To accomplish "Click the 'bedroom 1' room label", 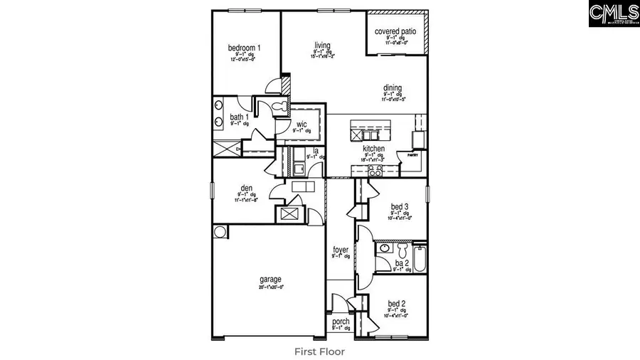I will click(244, 48).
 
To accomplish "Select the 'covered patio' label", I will click(397, 32).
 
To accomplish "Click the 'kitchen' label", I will click(373, 149).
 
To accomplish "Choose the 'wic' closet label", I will click(302, 125).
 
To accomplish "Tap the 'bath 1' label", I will click(239, 117).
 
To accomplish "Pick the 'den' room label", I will click(247, 189).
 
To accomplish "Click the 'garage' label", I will click(270, 280).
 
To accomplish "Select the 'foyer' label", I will click(341, 250).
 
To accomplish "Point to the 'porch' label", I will click(341, 322).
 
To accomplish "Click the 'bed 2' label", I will click(398, 304).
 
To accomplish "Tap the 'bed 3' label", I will click(399, 207).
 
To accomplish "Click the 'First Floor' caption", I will click(319, 351).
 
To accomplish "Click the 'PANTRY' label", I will click(412, 154).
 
